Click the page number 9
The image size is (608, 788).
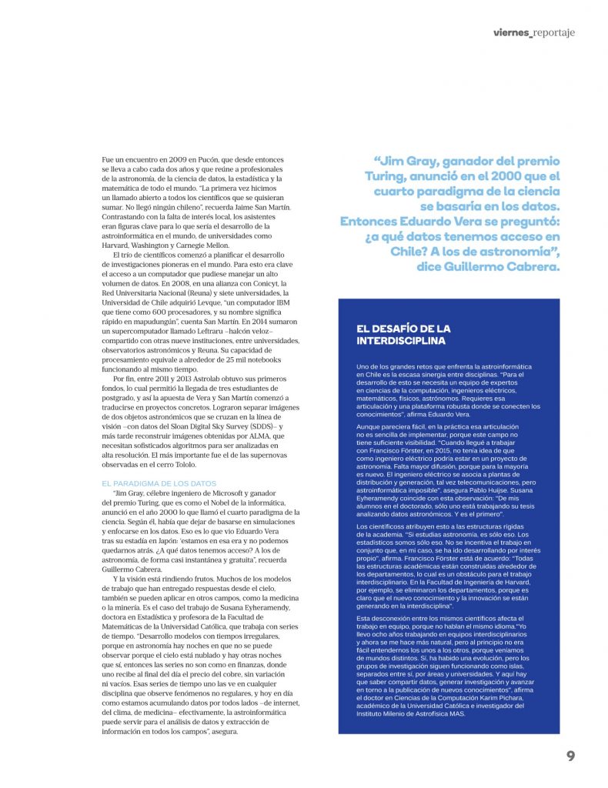(570, 756)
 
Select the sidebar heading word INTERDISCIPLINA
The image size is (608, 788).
(401, 340)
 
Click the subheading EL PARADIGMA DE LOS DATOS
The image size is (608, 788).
(159, 483)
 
